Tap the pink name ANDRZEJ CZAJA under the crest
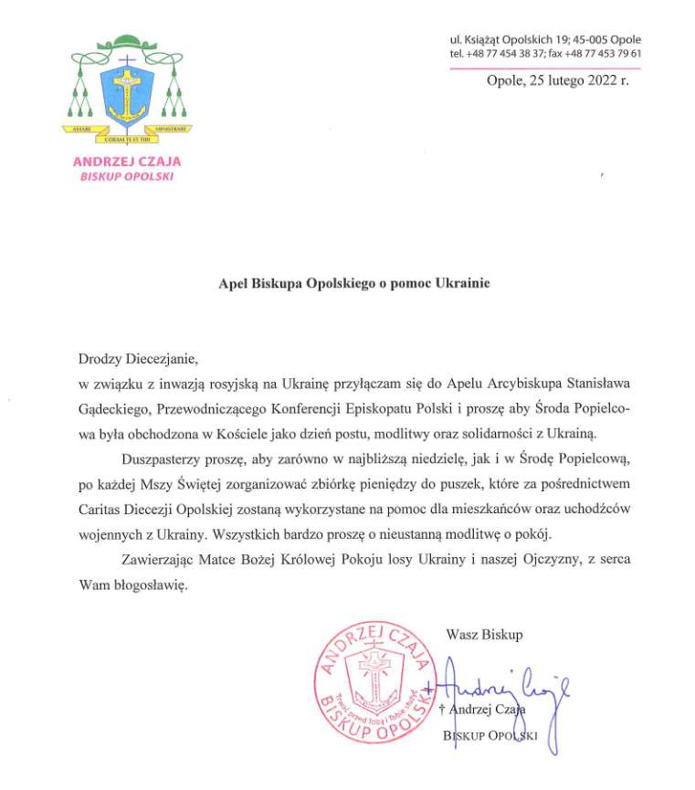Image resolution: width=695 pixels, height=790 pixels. pyautogui.click(x=126, y=162)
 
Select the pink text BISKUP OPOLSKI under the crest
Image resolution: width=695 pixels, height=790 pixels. pyautogui.click(x=126, y=175)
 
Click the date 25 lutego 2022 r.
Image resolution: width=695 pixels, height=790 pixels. pyautogui.click(x=558, y=80)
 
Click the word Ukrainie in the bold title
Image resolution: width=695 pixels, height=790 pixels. pyautogui.click(x=462, y=283)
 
